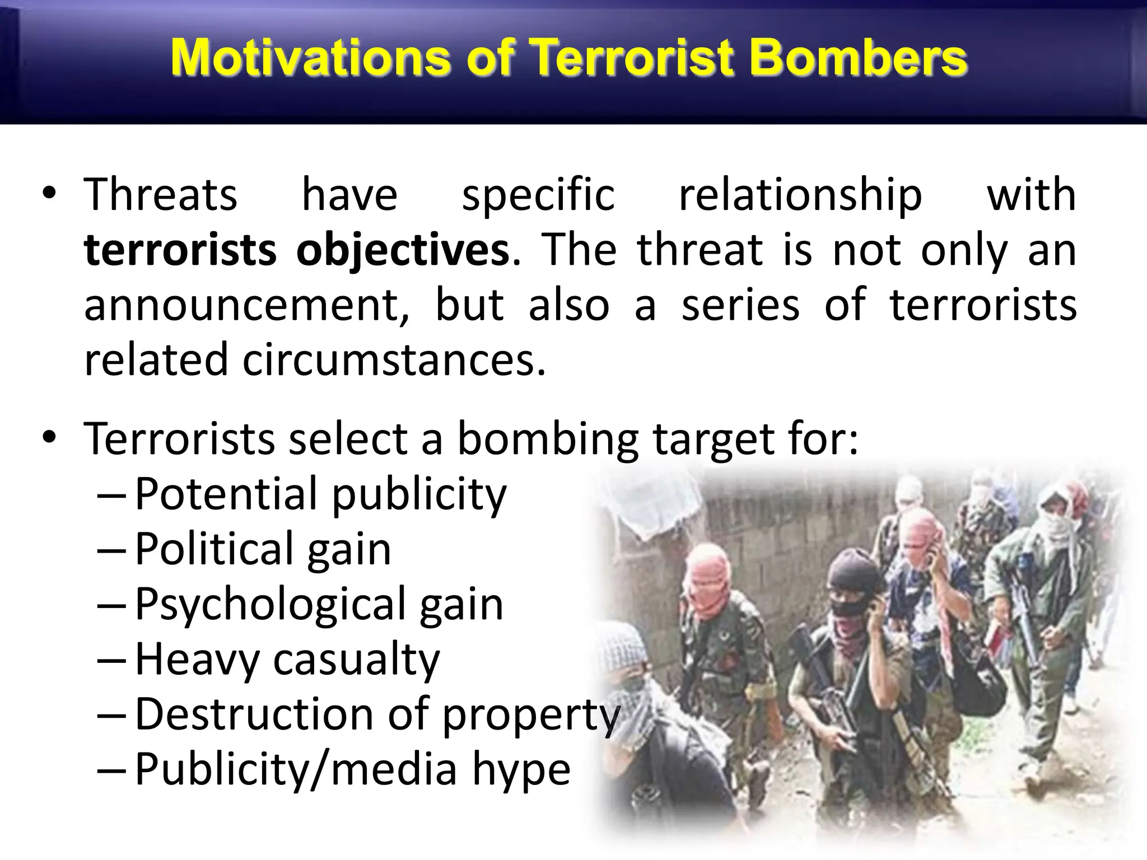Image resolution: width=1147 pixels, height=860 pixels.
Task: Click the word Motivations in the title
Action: (310, 58)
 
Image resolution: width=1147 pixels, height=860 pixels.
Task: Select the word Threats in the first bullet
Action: (161, 195)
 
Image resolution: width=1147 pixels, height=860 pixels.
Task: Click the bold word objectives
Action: (402, 250)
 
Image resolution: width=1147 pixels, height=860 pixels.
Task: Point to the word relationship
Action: (800, 195)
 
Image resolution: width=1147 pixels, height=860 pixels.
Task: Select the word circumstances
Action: (394, 359)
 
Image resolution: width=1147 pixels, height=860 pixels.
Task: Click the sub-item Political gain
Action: (263, 549)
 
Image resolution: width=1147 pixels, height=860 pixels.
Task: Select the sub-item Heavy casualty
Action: (287, 660)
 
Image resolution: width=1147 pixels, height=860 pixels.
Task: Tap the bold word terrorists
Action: (180, 250)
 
